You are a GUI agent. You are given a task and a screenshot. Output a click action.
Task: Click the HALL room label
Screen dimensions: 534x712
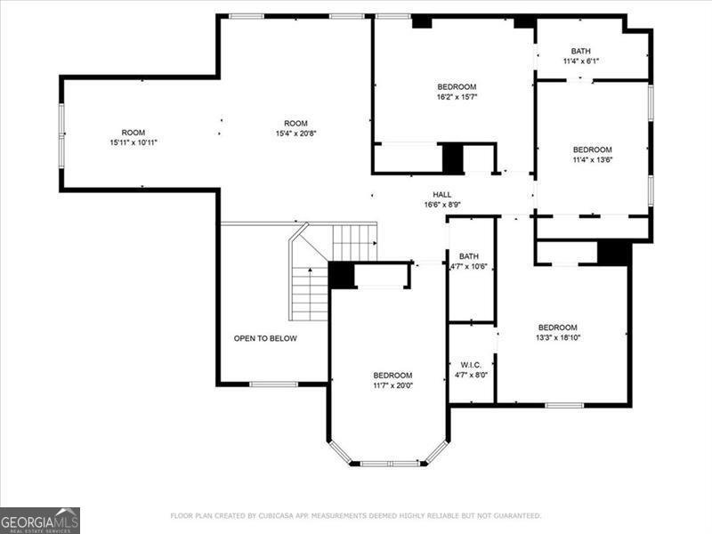442,194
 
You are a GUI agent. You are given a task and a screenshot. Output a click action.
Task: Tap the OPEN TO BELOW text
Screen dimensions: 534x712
265,338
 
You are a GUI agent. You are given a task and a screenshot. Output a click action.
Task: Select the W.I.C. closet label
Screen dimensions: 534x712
470,365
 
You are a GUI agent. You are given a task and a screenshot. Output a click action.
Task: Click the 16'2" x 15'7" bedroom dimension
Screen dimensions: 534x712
457,97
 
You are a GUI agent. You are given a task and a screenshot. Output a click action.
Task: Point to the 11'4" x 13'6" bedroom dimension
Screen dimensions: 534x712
592,160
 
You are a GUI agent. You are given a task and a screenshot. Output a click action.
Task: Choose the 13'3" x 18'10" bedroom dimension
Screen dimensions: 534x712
558,338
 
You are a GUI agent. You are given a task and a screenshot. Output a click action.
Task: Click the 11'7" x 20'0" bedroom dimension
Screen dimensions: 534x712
392,385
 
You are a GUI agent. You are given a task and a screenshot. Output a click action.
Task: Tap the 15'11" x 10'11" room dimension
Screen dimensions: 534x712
133,142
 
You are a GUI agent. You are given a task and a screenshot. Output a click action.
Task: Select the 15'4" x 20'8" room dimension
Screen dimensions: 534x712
295,133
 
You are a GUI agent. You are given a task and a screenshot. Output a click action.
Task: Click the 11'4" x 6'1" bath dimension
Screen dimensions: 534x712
580,61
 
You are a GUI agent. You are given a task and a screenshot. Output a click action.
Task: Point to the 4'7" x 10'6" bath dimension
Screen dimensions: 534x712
470,266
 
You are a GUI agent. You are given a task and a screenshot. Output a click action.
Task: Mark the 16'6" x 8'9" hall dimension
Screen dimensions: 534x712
442,205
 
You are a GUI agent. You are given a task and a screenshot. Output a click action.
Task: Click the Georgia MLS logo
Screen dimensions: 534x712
40,520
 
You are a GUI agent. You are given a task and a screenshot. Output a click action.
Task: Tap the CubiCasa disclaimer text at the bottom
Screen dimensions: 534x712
355,515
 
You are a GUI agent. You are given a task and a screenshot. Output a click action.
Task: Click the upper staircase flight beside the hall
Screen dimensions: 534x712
354,241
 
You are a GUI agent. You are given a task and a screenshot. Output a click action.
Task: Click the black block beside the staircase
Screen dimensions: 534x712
341,275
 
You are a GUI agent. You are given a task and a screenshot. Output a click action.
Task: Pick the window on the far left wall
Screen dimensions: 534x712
61,133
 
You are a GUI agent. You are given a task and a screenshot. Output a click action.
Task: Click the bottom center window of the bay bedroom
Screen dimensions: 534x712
390,463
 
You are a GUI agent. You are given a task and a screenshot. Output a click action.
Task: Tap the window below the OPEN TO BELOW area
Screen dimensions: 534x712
272,384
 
